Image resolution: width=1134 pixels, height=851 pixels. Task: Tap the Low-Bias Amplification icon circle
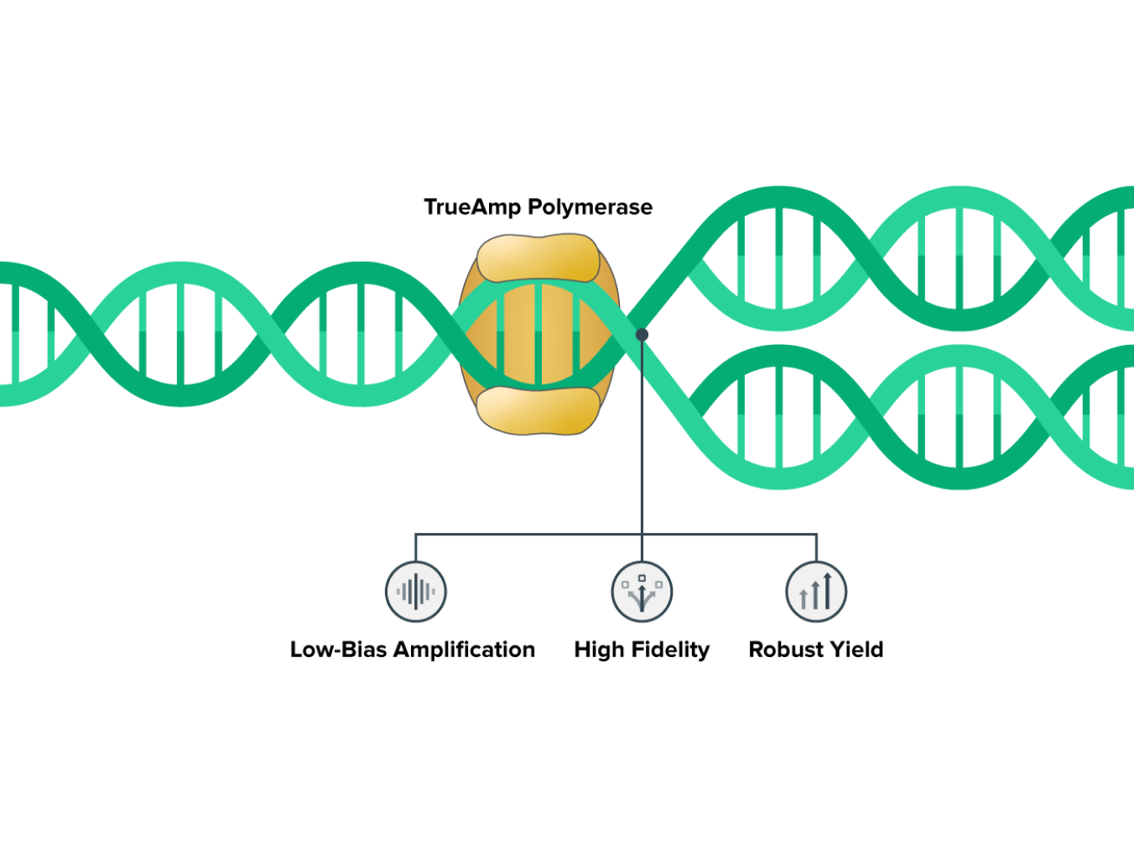(x=416, y=592)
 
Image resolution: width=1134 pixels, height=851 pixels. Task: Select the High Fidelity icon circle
(x=642, y=592)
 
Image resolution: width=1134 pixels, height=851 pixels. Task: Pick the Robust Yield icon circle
(x=816, y=592)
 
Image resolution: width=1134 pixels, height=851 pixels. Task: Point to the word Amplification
(x=464, y=650)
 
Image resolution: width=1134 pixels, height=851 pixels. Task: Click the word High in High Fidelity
(x=599, y=650)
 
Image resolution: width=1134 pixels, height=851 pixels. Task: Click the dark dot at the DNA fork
(x=642, y=334)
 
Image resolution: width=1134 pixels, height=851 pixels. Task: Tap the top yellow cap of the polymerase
(x=538, y=258)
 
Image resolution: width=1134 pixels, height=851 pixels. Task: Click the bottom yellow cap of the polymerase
(x=538, y=410)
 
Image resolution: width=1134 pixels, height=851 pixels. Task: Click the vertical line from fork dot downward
(x=642, y=436)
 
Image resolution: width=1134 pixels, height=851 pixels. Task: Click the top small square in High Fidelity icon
(x=642, y=578)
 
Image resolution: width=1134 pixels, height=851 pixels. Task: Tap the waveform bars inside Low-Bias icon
(x=416, y=592)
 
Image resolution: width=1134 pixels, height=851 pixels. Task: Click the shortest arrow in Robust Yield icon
(x=804, y=599)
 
